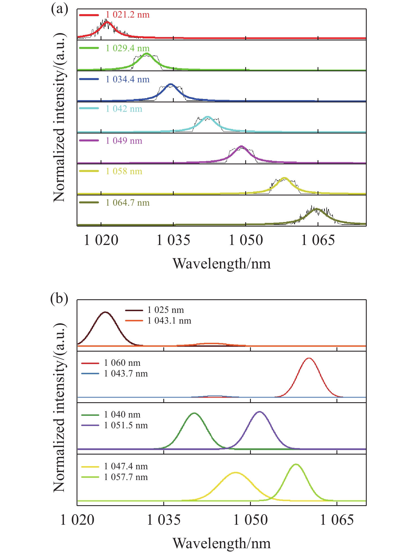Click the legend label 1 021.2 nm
tap(128, 15)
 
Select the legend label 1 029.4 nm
tap(128, 48)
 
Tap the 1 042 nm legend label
tap(124, 109)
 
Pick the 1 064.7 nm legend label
tap(128, 203)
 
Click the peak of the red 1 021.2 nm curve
tap(107, 22)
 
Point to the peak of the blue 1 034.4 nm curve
tap(170, 84)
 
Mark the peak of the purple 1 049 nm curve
tap(241, 147)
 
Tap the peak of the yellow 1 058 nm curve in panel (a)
tap(284, 178)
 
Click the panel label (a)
tap(59, 9)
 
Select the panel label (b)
tap(59, 299)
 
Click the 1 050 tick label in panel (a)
tap(246, 240)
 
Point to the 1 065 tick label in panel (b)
tap(337, 520)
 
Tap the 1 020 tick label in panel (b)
tap(77, 520)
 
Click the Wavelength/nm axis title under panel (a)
tap(222, 264)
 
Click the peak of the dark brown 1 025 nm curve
tap(105, 312)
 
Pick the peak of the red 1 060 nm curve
tap(309, 358)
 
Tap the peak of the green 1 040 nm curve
tap(194, 413)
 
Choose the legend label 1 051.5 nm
tap(126, 425)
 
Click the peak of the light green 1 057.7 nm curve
tap(296, 464)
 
